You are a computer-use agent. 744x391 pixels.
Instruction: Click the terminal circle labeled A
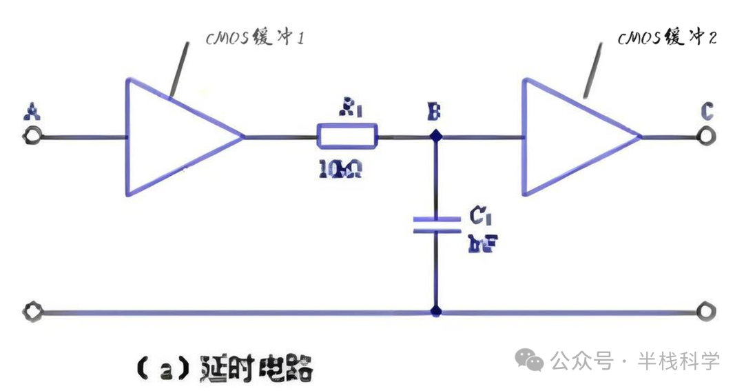[x=31, y=136]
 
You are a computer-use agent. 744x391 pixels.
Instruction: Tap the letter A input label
[x=30, y=110]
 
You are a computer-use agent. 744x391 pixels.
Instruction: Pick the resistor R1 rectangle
[x=347, y=136]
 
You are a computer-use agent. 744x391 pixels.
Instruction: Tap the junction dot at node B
[x=435, y=136]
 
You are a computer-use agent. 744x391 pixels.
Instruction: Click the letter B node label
[x=434, y=111]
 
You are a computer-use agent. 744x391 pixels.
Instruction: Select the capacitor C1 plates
[x=435, y=224]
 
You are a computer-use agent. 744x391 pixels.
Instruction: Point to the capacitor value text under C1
[x=482, y=243]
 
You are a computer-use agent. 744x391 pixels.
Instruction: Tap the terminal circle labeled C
[x=703, y=136]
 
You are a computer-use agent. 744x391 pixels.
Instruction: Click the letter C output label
[x=707, y=110]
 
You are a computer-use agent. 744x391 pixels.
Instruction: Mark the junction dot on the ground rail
[x=435, y=311]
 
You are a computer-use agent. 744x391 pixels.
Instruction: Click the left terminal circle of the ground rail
[x=31, y=311]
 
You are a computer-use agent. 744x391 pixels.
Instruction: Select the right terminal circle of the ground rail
[x=703, y=311]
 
